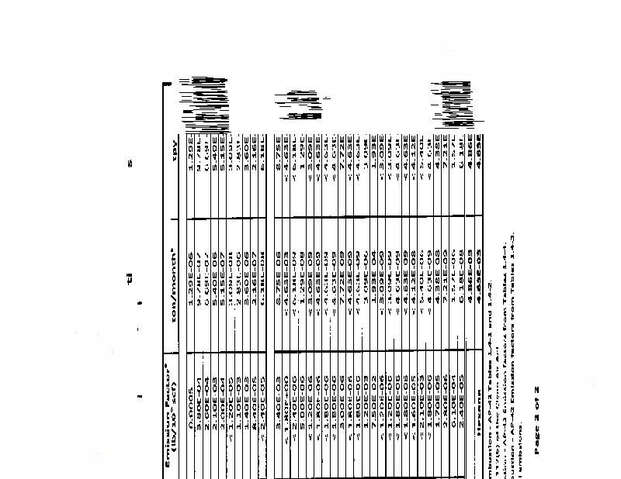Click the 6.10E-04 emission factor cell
pos(454,407)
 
